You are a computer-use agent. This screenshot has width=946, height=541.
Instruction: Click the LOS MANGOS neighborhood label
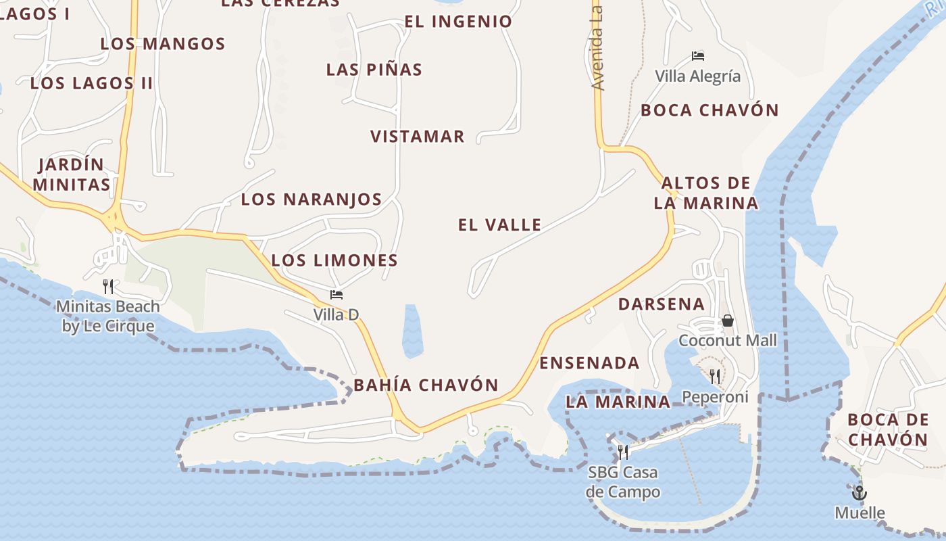(163, 44)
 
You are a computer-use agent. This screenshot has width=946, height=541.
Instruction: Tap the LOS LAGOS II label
(92, 83)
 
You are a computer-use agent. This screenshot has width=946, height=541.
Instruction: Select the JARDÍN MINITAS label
(72, 174)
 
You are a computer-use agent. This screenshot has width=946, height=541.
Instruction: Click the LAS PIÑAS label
(374, 70)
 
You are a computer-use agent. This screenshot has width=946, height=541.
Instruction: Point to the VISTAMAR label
(418, 137)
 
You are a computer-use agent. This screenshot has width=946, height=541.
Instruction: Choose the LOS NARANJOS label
(312, 199)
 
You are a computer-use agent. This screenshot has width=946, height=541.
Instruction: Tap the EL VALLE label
(500, 225)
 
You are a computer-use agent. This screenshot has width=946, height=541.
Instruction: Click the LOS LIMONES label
(334, 260)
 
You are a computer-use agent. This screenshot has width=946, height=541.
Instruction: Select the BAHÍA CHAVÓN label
(426, 385)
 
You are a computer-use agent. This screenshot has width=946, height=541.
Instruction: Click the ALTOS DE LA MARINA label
(706, 193)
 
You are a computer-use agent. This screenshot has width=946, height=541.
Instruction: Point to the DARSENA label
(662, 304)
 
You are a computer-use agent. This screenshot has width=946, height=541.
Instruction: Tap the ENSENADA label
(589, 363)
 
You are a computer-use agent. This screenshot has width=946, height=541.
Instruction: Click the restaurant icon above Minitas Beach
(108, 287)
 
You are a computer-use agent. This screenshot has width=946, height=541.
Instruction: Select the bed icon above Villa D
(337, 295)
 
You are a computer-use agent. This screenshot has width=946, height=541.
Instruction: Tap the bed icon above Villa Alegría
(698, 56)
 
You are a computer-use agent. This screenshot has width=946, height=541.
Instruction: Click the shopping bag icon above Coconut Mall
(728, 321)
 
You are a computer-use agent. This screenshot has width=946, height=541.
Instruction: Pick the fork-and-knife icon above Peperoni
(715, 376)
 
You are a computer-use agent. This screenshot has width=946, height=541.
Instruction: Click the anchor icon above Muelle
(860, 492)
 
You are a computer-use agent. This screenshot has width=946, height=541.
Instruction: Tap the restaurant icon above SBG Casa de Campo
(623, 452)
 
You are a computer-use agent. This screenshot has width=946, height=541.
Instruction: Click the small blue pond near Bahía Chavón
(412, 331)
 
